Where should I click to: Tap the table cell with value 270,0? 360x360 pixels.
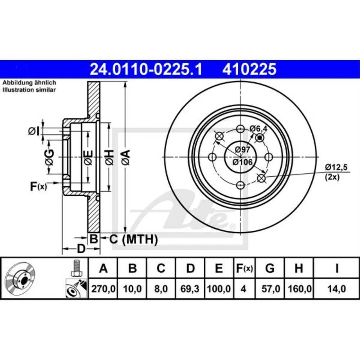[103, 289]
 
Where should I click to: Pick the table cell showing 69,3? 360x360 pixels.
[190, 289]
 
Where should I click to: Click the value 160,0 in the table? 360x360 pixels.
[298, 289]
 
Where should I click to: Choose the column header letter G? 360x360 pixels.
[269, 268]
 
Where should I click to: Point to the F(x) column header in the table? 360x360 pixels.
[244, 268]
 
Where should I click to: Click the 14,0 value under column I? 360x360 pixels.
[336, 289]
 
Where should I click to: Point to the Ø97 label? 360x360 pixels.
[242, 150]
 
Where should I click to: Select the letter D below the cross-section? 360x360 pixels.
[81, 249]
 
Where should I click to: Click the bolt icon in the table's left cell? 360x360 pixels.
[76, 268]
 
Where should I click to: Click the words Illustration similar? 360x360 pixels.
[29, 90]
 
